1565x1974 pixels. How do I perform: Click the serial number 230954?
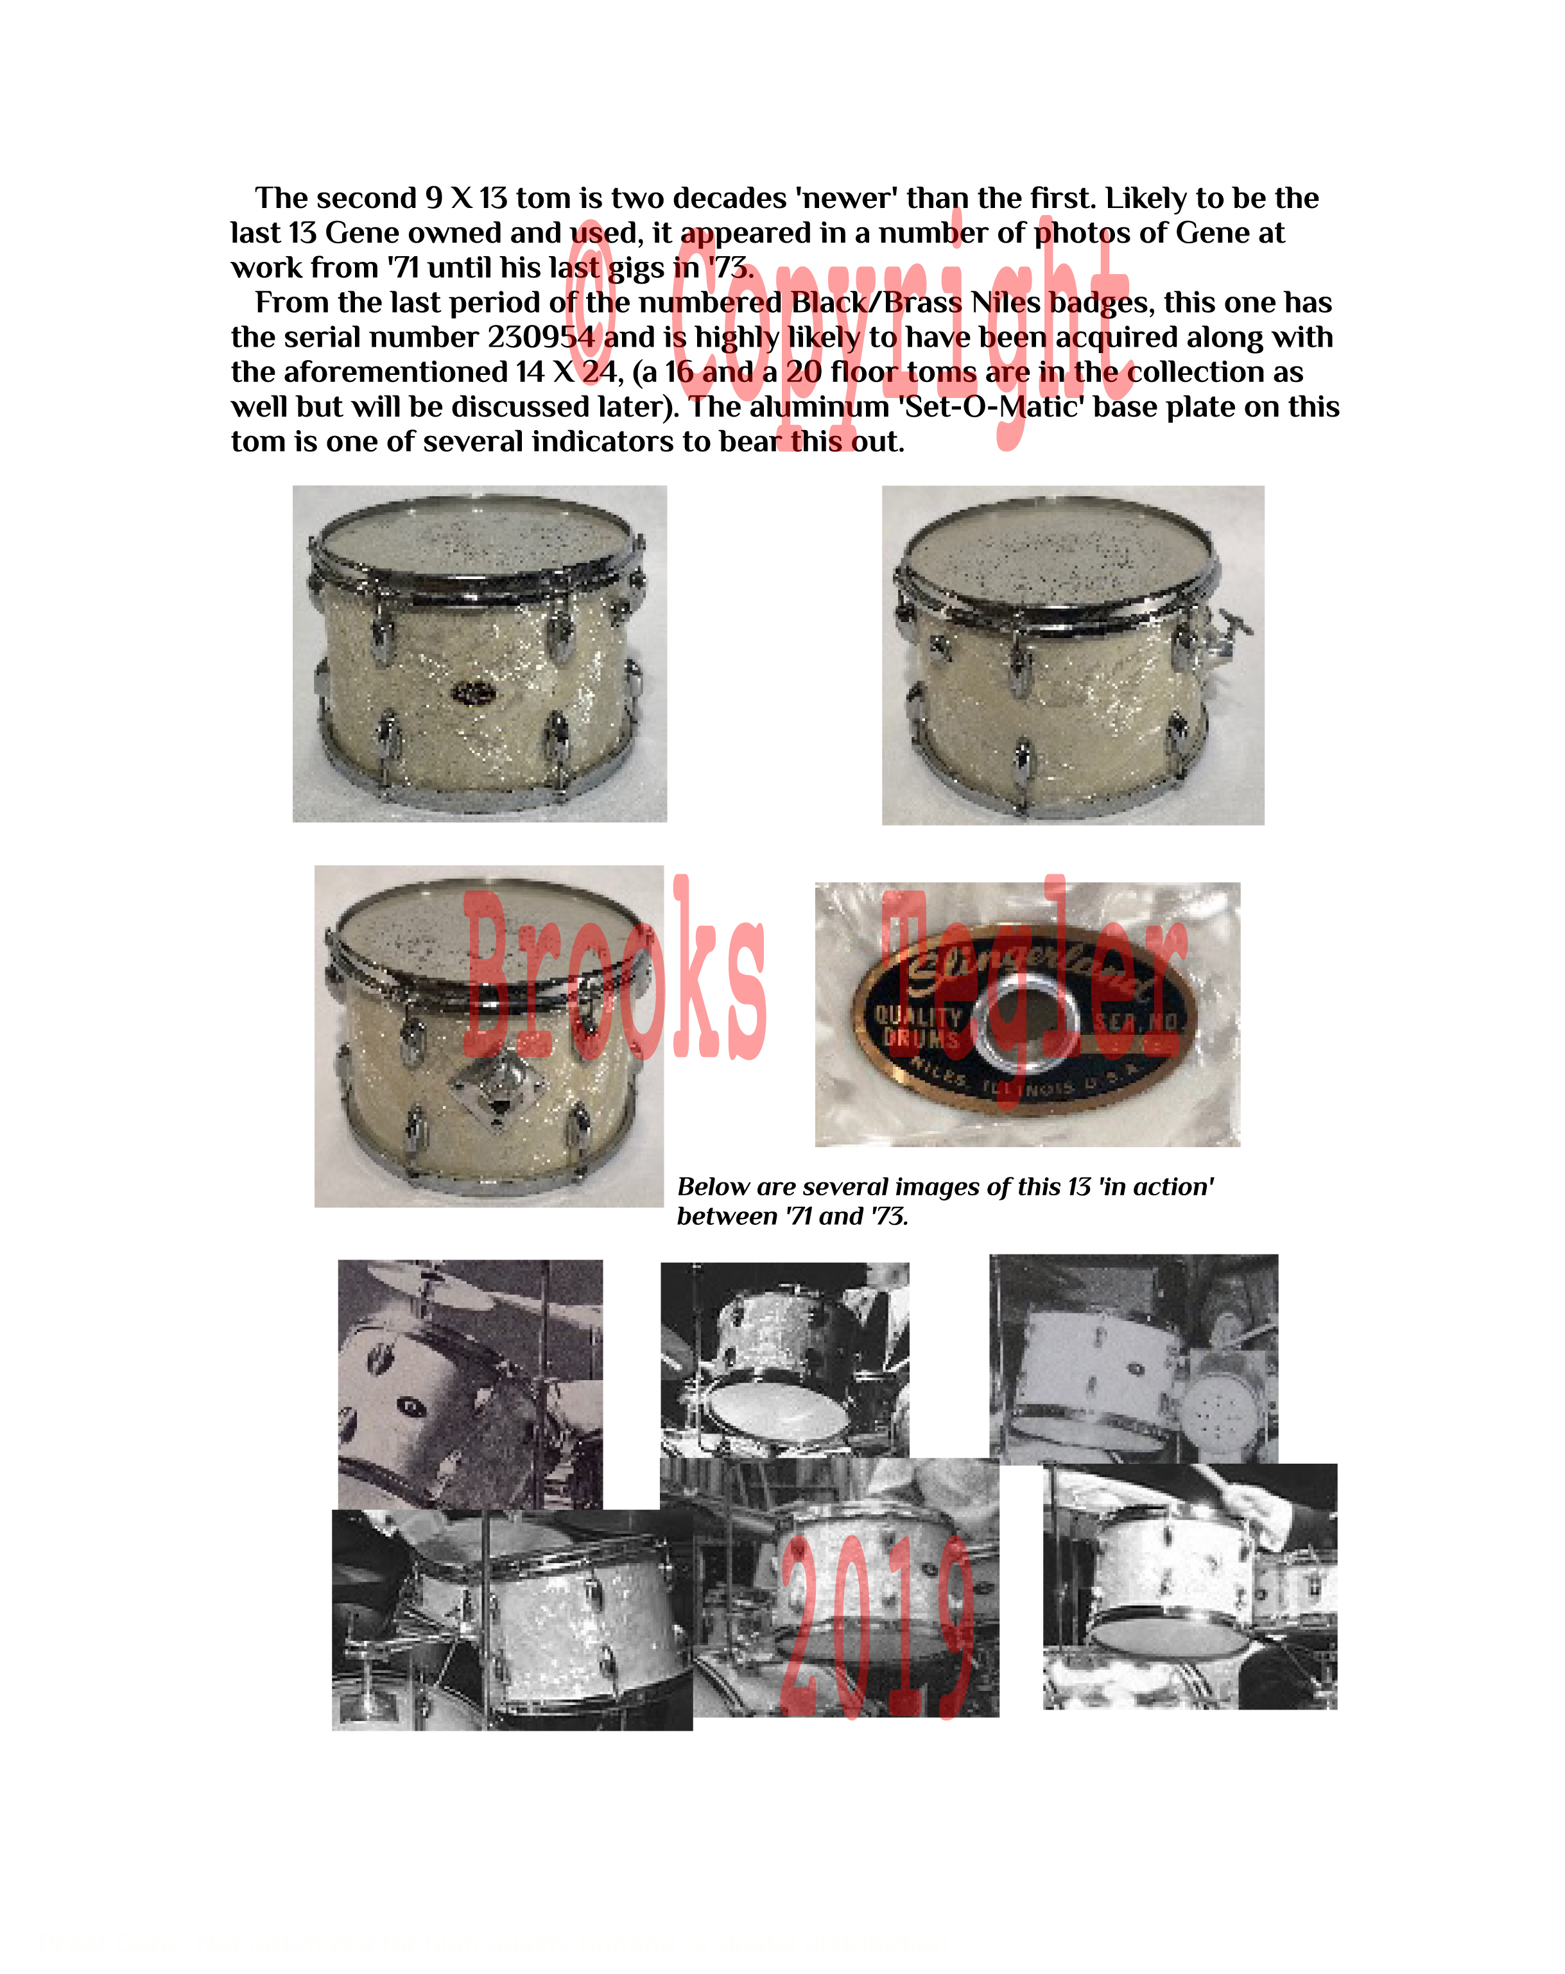coord(540,337)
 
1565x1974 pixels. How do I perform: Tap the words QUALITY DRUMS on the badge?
coord(919,1026)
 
